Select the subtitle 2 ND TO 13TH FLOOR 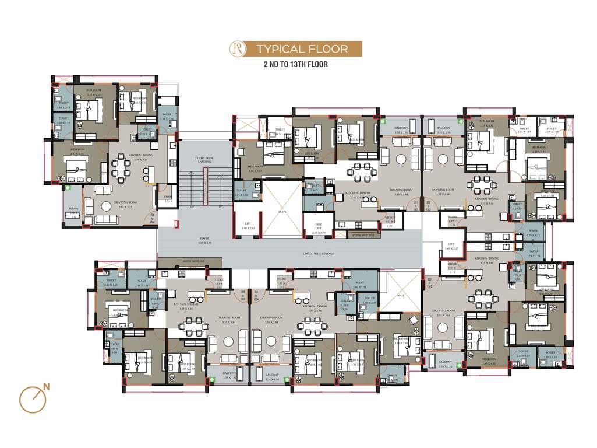tap(295, 64)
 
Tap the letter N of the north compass tap(45, 386)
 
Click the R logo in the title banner tap(238, 48)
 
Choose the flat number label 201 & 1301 tap(416, 205)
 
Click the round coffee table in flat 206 tap(90, 204)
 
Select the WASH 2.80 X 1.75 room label tap(359, 284)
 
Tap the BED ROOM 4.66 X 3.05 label tap(255, 170)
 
